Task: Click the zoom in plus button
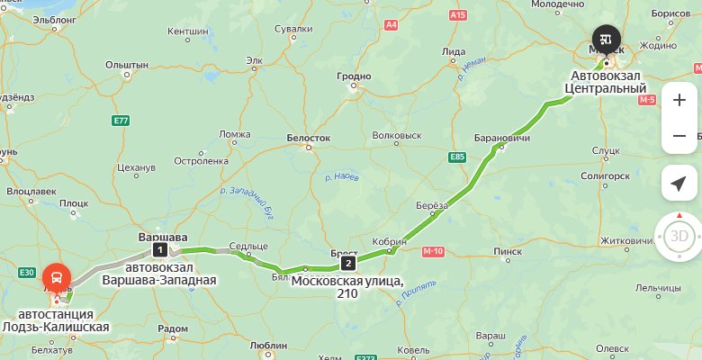coord(679,99)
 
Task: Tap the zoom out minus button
coord(679,136)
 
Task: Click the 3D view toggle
coord(679,237)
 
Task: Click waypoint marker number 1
coord(159,249)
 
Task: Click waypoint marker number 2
coord(347,263)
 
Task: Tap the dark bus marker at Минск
coord(605,39)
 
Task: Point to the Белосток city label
coord(309,139)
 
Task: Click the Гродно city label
coord(354,77)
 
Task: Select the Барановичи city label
coord(502,138)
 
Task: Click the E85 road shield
coord(457,157)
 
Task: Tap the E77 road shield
coord(121,120)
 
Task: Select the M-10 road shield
coord(433,251)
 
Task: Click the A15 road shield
coord(458,15)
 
